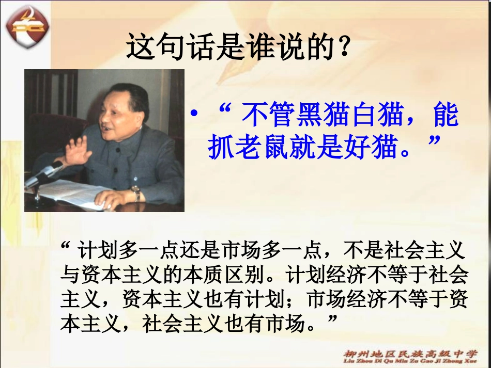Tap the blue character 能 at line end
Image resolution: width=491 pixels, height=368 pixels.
[x=446, y=116]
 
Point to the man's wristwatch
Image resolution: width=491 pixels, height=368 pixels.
[x=136, y=193]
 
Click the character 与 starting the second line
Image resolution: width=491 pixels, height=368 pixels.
[x=69, y=275]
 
